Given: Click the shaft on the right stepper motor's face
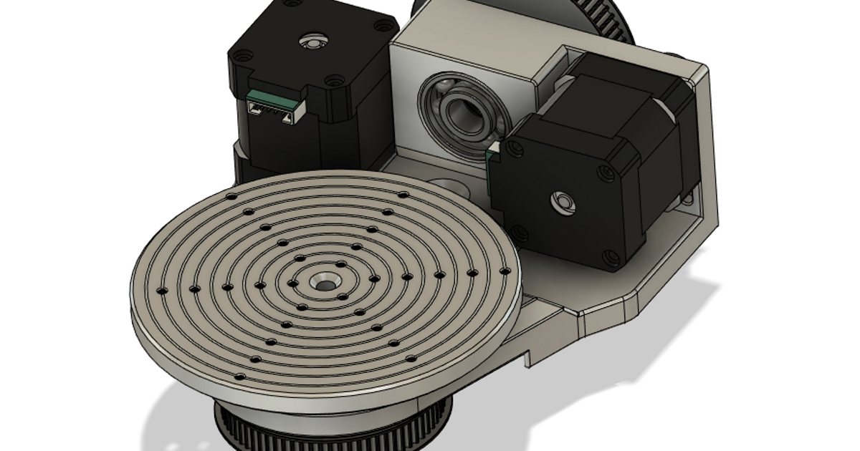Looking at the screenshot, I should pos(563,203).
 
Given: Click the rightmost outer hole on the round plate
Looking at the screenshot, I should pos(506,270).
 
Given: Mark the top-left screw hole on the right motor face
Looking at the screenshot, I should pos(514,146).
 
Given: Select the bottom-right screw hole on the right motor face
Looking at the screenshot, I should pos(610,257).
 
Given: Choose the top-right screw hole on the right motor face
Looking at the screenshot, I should pos(608,172).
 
